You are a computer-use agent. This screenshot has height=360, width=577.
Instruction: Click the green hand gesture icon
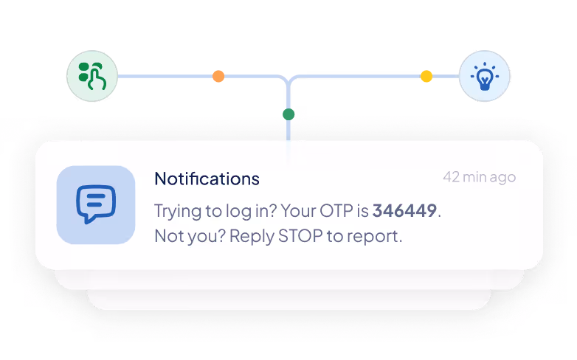[x=92, y=76]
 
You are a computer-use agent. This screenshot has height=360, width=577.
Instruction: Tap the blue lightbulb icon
[x=484, y=76]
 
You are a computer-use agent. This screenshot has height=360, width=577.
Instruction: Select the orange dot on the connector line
[x=218, y=76]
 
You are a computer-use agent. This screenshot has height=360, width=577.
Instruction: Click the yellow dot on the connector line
[x=426, y=76]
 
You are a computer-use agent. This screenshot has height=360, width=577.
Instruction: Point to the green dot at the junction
[x=288, y=114]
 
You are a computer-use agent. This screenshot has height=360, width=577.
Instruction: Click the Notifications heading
[x=207, y=179]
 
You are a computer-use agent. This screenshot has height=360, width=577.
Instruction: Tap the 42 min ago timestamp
[x=479, y=177]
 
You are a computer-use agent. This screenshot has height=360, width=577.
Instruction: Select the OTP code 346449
[x=405, y=211]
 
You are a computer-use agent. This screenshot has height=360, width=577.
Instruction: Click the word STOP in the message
[x=308, y=237]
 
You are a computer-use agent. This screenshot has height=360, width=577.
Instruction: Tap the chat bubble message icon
[x=96, y=204]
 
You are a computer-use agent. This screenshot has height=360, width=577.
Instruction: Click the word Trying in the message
[x=176, y=211]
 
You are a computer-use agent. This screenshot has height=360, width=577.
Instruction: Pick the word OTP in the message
[x=336, y=211]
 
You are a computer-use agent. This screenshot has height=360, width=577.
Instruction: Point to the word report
[x=377, y=238]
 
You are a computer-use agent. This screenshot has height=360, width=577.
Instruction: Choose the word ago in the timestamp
[x=504, y=178]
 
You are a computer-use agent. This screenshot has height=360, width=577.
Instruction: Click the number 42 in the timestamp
[x=452, y=177]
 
